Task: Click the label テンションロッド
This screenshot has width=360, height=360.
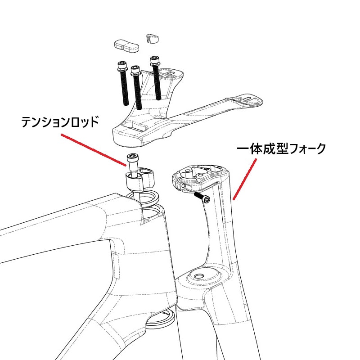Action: [x=59, y=122]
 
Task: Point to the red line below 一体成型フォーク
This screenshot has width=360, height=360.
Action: [x=243, y=180]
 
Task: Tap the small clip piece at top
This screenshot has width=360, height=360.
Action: [x=153, y=38]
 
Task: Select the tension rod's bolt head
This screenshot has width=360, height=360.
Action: [x=133, y=158]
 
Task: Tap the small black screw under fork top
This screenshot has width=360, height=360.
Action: [x=202, y=198]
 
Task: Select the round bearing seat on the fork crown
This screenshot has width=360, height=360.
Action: [x=202, y=275]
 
